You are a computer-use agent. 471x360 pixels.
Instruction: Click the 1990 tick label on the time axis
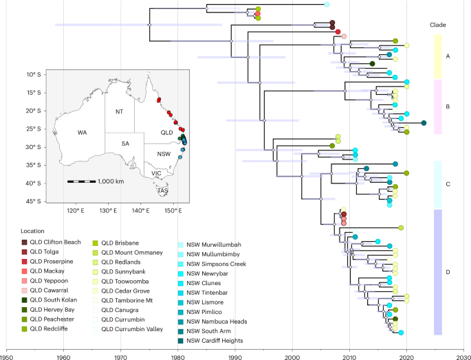point(234,355)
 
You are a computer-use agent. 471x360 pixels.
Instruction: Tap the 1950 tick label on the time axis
point(7,355)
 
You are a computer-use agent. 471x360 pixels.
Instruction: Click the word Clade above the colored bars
point(437,25)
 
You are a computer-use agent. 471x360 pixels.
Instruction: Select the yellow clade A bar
point(437,56)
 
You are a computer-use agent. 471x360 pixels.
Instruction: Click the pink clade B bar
point(437,106)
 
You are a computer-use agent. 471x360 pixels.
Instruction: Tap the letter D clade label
point(448,273)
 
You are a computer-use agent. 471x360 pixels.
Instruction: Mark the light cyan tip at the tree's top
point(327,5)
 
